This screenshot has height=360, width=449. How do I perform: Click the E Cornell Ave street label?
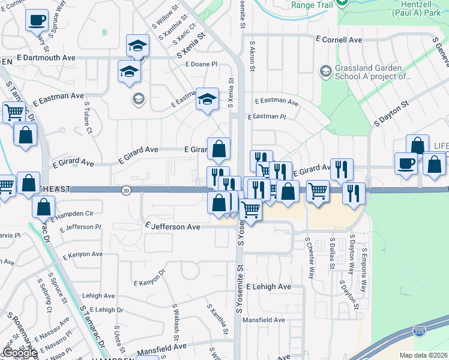tap(339, 39)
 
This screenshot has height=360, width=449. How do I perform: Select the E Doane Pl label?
tap(200, 64)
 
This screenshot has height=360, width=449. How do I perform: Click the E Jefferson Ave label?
tap(173, 227)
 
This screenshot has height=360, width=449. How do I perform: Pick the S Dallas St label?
tap(331, 254)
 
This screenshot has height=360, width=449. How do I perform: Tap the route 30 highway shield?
tap(125, 190)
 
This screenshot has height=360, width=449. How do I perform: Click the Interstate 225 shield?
tap(418, 331)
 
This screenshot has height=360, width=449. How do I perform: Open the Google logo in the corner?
tap(20, 353)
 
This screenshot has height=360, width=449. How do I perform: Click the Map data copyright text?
tap(423, 355)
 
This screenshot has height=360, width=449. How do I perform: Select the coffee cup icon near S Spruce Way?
tap(37, 20)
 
